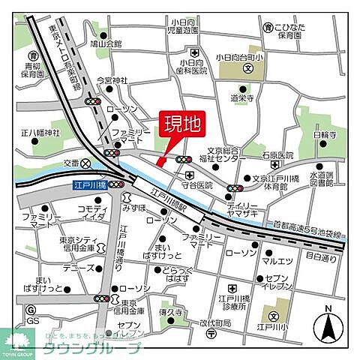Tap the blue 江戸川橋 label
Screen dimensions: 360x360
pos(88,184)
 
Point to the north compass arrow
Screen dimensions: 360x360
pos(328,324)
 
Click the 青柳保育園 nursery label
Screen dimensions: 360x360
pos(32,70)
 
